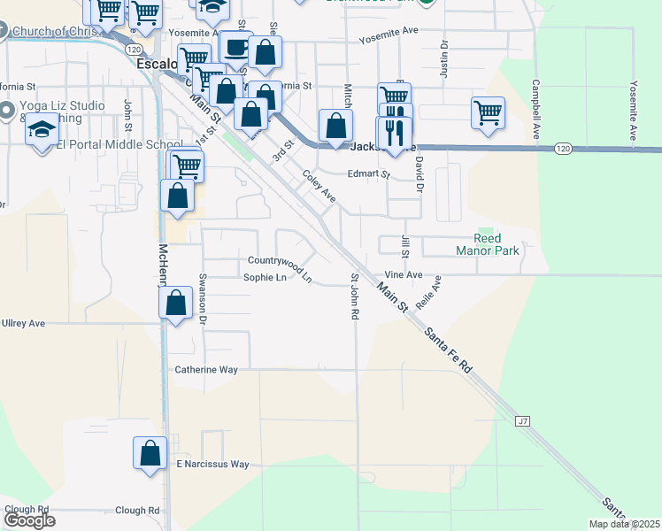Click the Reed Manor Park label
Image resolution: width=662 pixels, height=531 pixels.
[x=488, y=244]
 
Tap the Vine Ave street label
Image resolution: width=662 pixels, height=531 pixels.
[x=403, y=275]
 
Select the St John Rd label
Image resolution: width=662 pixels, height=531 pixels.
[x=353, y=296]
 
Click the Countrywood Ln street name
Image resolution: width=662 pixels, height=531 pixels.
[x=280, y=267]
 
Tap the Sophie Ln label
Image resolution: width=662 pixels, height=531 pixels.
[x=265, y=278]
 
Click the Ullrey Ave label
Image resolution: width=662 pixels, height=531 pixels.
[x=23, y=324]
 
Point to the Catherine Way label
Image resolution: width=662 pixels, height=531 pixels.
[x=206, y=370]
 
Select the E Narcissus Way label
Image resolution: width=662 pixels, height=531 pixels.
[x=212, y=464]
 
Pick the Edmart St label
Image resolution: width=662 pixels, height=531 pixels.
[x=368, y=174]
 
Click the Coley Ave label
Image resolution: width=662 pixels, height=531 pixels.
[x=319, y=186]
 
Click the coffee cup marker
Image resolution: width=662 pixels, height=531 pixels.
[x=235, y=47]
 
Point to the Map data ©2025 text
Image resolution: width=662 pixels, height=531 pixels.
[x=624, y=524]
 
